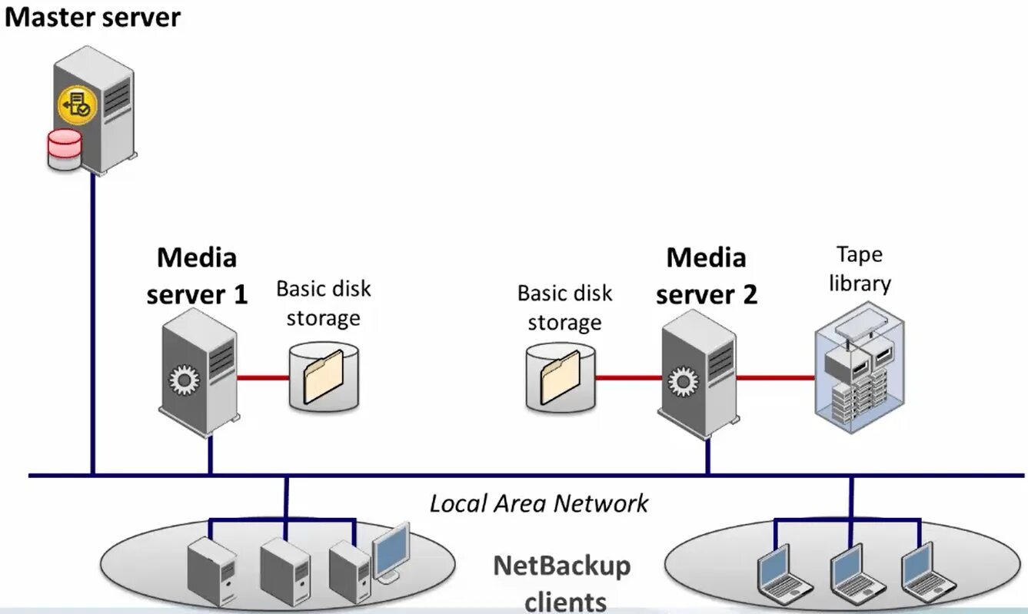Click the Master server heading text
point(92,17)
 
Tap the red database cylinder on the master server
point(64,149)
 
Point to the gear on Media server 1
point(183,381)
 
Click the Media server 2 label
point(706,276)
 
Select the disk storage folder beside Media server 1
point(324,377)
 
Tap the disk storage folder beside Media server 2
point(561,377)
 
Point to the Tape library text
point(860,269)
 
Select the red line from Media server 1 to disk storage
point(262,378)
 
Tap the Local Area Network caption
point(538,504)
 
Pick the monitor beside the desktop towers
point(390,552)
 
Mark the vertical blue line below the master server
point(93,323)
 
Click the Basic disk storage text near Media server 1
point(323,303)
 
